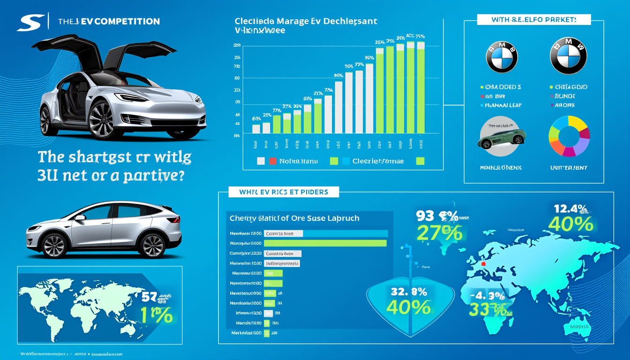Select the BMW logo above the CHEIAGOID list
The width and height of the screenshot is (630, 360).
568,56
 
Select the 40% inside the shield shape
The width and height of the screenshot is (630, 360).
408,307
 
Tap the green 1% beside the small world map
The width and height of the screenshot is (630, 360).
157,315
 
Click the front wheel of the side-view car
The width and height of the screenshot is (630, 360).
54,246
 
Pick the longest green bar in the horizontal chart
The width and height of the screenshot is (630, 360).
325,243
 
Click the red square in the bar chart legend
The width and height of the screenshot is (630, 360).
273,161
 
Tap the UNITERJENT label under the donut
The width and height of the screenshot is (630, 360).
569,167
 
